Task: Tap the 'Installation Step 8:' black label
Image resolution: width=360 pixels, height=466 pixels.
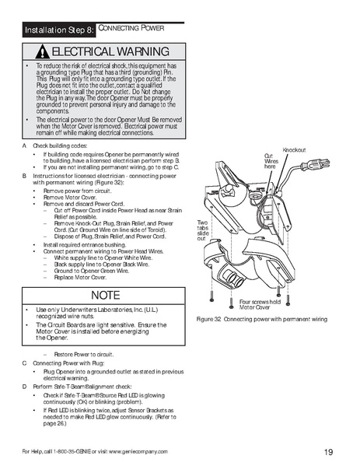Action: (x=59, y=30)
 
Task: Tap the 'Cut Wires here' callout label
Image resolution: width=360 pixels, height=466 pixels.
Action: (x=271, y=161)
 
